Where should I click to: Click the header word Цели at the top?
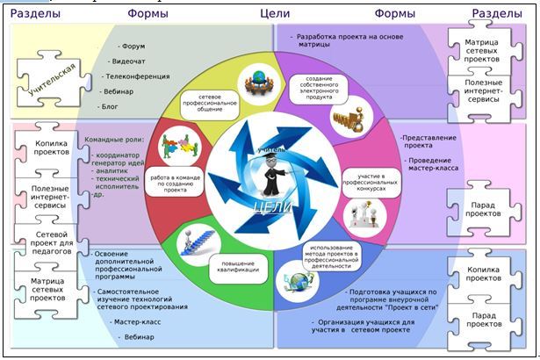pos(275,13)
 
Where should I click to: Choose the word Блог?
pos(110,105)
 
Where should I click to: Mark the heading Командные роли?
pos(114,139)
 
